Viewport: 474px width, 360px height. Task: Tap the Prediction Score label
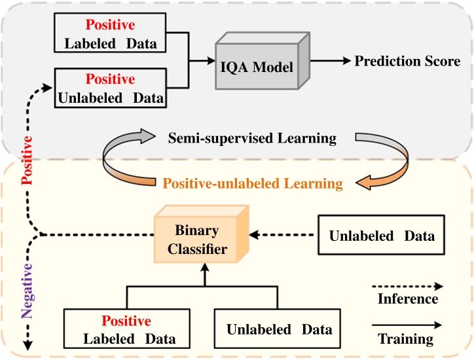click(407, 62)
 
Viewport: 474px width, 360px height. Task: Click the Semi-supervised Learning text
click(252, 138)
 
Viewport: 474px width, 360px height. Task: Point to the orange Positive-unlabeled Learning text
click(252, 184)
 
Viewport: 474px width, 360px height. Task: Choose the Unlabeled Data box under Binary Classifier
click(279, 330)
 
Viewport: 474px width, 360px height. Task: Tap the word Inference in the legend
click(408, 299)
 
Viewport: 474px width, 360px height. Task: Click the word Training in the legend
click(406, 339)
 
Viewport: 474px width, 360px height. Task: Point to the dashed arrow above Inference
click(407, 285)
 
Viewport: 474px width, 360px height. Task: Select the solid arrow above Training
click(407, 324)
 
